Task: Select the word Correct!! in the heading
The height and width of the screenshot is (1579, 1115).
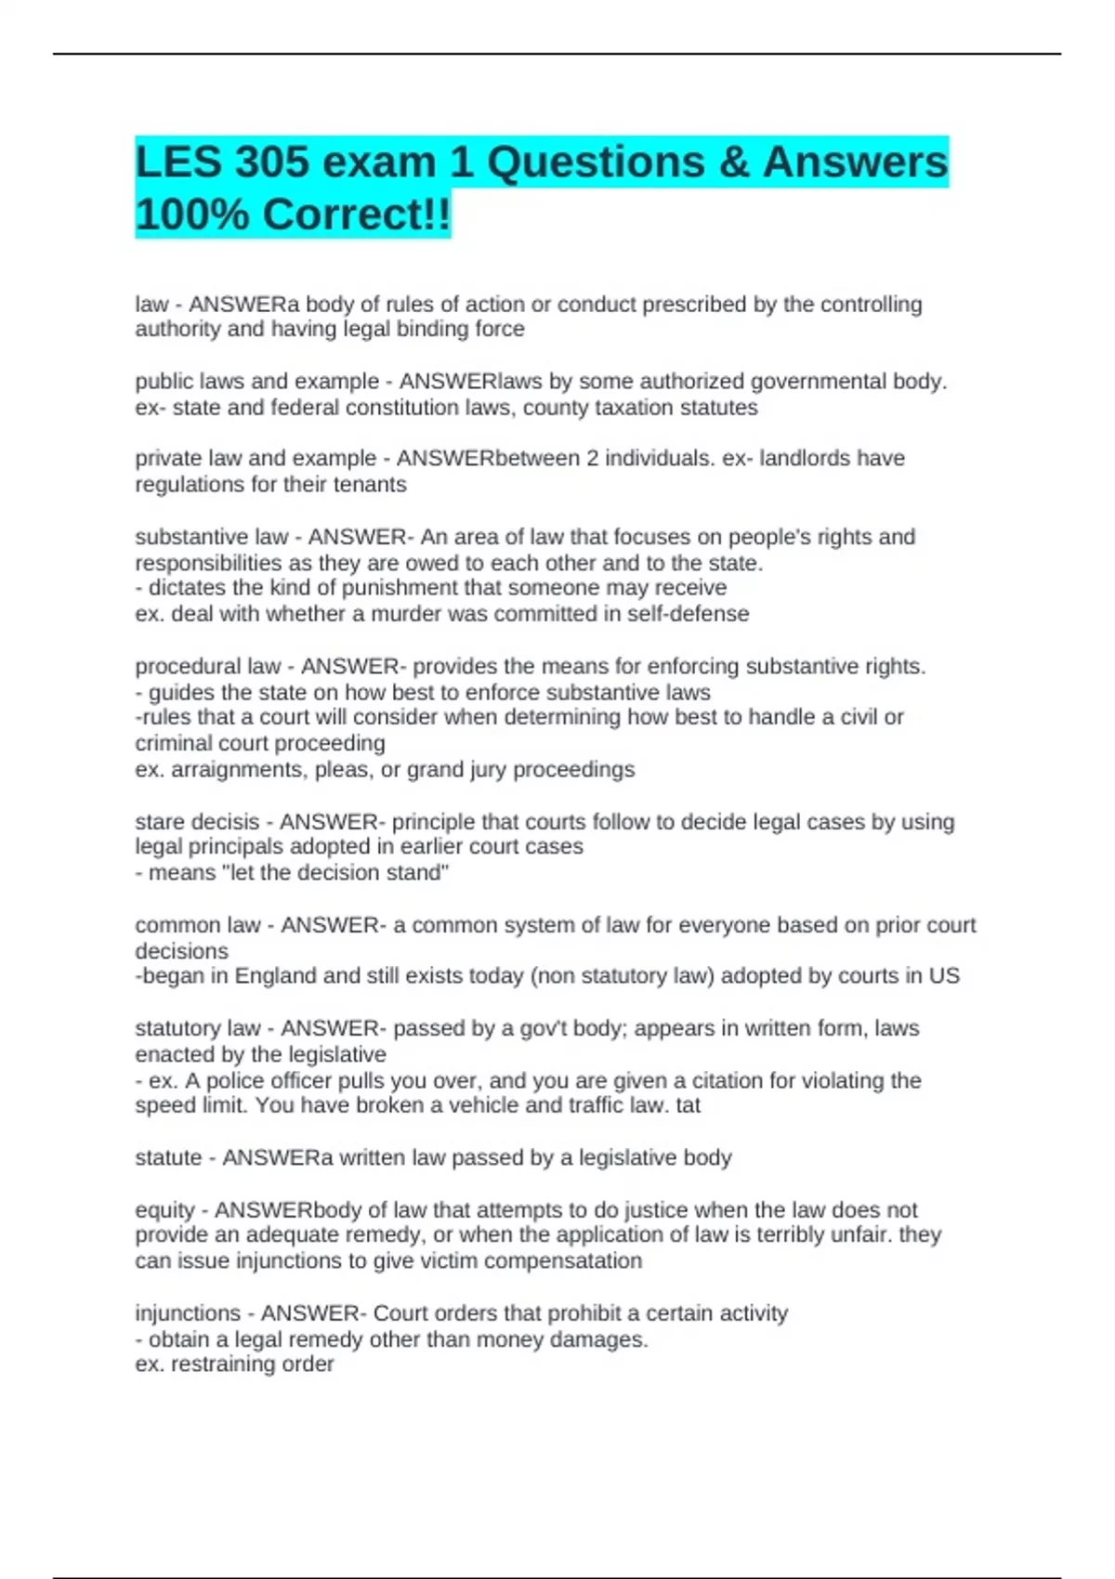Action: click(357, 215)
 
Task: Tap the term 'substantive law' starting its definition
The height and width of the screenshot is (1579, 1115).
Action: click(211, 537)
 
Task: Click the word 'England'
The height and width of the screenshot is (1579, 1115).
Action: click(277, 976)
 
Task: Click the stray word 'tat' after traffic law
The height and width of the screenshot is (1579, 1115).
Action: click(689, 1105)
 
